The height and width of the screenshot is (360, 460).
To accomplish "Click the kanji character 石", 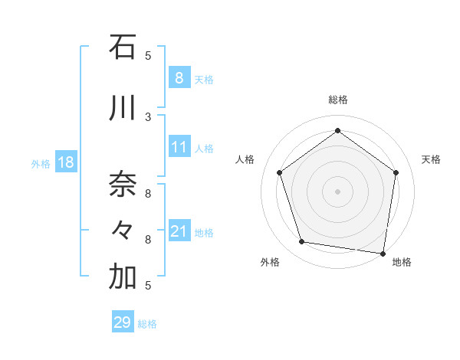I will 123,47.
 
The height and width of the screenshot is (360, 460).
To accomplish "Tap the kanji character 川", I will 123,108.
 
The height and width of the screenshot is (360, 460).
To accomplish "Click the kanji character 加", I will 123,278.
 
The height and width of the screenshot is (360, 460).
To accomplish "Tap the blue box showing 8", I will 179,78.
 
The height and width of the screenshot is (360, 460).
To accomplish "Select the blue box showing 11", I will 179,147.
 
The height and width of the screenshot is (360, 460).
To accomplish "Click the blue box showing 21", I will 179,231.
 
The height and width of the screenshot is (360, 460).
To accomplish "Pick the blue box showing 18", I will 65,163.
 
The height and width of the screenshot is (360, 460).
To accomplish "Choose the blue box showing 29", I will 122,322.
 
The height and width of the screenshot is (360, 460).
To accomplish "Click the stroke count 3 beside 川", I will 148,116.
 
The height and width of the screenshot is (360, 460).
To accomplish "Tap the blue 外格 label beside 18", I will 41,164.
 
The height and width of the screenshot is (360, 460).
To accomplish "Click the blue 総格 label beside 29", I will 147,324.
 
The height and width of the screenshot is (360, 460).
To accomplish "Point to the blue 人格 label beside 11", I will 204,149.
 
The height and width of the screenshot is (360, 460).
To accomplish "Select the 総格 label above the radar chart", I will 338,100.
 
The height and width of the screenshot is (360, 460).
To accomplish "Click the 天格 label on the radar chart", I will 431,159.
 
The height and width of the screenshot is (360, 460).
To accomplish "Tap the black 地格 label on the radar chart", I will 402,262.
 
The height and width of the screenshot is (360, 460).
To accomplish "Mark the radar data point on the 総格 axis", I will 338,131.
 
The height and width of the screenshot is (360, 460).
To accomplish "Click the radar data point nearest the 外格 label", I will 302,242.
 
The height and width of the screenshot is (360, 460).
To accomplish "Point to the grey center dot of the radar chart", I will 338,191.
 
